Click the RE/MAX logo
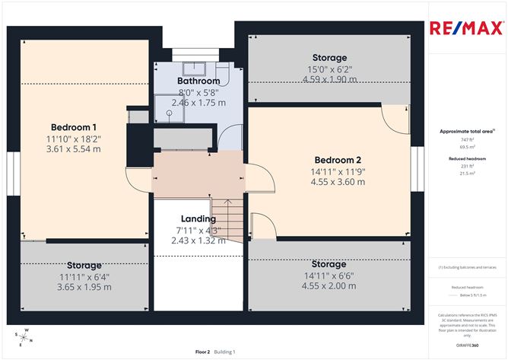pyautogui.click(x=466, y=29)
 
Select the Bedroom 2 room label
pyautogui.click(x=338, y=160)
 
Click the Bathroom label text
pyautogui.click(x=198, y=81)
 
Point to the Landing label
pyautogui.click(x=198, y=219)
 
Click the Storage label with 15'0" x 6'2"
pyautogui.click(x=330, y=58)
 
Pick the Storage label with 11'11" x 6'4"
pyautogui.click(x=84, y=266)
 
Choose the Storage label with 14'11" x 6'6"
pyautogui.click(x=329, y=264)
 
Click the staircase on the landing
pyautogui.click(x=227, y=218)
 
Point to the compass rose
pyautogui.click(x=24, y=335)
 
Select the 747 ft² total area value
pyautogui.click(x=467, y=139)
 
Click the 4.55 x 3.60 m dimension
pyautogui.click(x=338, y=183)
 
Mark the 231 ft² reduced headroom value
pyautogui.click(x=467, y=165)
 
